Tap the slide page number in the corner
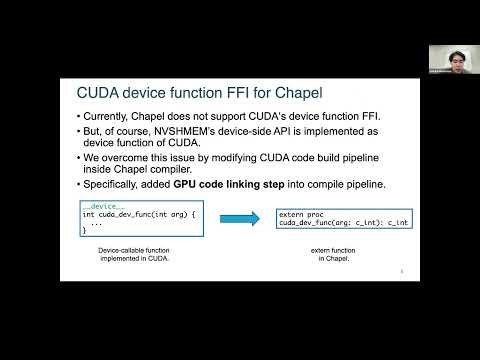click(x=401, y=270)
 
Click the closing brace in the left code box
click(x=84, y=231)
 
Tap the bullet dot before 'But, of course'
click(x=79, y=133)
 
